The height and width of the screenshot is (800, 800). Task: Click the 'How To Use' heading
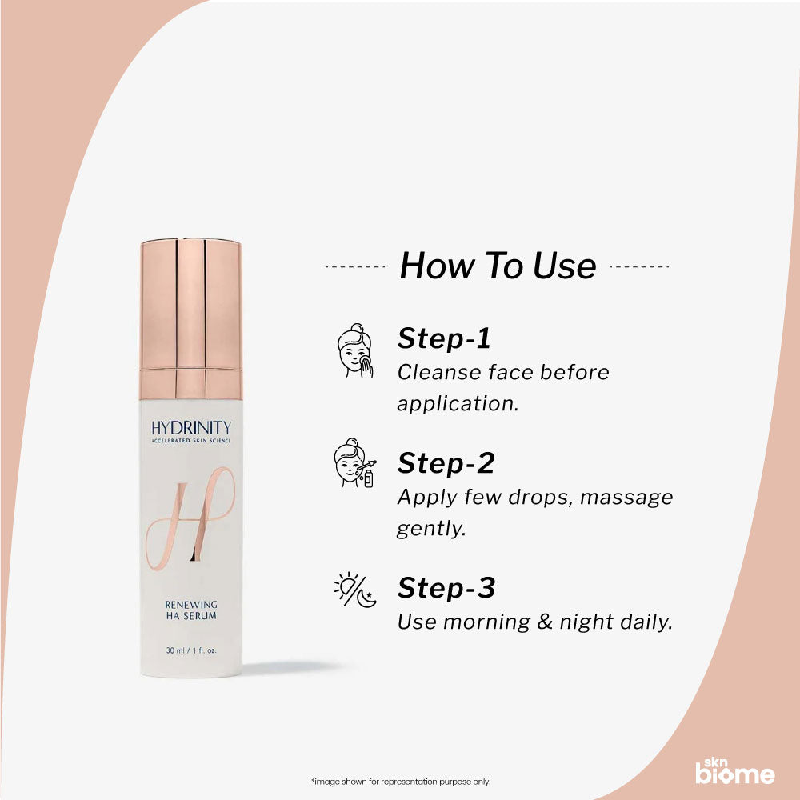[x=498, y=266]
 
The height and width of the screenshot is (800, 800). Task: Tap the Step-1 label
[x=444, y=338]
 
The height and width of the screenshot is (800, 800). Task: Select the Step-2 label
[x=446, y=463]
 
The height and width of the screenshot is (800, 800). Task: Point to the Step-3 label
[x=446, y=588]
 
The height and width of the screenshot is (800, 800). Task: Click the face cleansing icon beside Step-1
[x=354, y=351]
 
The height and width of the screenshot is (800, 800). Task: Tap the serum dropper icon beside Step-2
[x=354, y=463]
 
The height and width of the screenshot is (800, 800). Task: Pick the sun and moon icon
[x=354, y=589]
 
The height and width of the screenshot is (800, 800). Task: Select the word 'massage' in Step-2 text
[x=626, y=498]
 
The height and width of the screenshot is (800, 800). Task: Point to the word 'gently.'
[x=431, y=529]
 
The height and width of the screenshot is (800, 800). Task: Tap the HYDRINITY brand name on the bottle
[x=190, y=428]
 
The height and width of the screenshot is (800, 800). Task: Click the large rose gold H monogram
[x=190, y=517]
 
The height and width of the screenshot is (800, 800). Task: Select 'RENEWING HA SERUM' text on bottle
[x=190, y=610]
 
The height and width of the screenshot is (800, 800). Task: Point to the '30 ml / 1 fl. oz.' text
[x=190, y=650]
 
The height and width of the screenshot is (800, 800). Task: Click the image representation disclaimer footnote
[x=400, y=782]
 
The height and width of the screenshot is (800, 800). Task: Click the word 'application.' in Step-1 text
[x=458, y=404]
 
